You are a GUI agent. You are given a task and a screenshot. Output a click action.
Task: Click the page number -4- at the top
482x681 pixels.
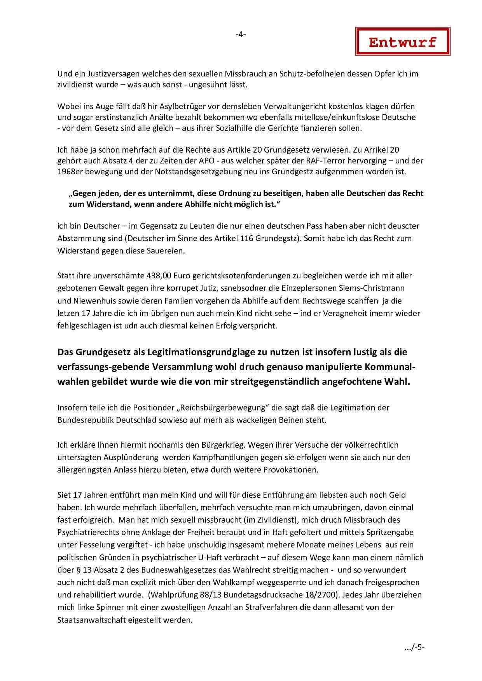(x=241, y=34)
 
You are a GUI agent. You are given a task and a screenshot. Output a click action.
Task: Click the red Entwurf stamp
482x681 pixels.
(x=402, y=42)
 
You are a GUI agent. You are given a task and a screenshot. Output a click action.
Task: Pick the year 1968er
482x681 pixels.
(x=69, y=172)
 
